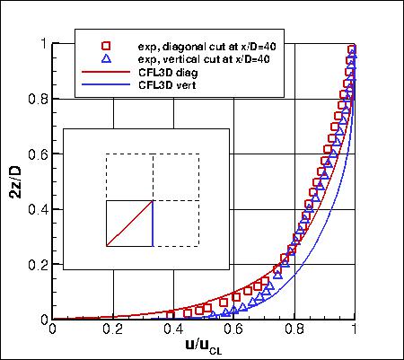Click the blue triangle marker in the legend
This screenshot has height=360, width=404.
[x=105, y=58]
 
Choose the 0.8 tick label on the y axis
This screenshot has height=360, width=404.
[x=36, y=99]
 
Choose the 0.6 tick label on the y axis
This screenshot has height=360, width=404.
[x=36, y=154]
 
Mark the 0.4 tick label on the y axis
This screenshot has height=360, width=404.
[x=36, y=209]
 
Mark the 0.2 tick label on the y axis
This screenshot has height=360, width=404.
[x=36, y=265]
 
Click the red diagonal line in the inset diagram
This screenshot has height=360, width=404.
[x=129, y=223]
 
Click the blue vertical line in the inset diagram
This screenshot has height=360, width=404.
[x=153, y=223]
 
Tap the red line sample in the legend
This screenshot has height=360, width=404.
[x=105, y=72]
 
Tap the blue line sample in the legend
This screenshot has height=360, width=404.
[x=105, y=84]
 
